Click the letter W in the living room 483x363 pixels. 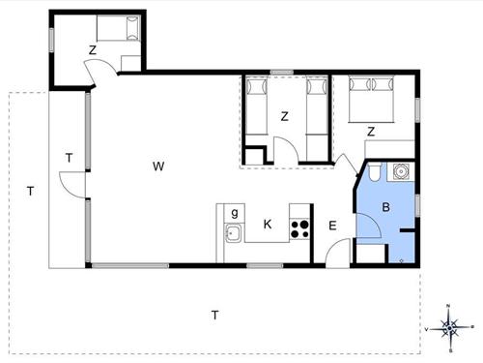tap(158, 166)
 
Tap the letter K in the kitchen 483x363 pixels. tap(268, 224)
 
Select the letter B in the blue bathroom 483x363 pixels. tap(385, 207)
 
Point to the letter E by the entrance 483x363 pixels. tap(332, 226)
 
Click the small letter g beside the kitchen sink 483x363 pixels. tap(235, 213)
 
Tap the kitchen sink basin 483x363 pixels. tap(233, 232)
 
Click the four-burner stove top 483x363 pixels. tap(299, 229)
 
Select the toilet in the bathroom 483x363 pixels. tap(374, 171)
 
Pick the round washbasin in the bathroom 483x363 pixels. tap(400, 171)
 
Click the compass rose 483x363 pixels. tap(449, 328)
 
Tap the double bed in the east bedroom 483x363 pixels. tap(371, 99)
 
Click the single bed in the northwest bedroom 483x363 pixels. tap(118, 28)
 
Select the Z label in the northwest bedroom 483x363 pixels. tap(93, 50)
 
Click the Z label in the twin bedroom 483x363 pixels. tap(284, 116)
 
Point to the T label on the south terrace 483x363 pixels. tap(215, 315)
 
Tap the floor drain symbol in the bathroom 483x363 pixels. tap(401, 260)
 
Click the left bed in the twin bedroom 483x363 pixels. tap(257, 106)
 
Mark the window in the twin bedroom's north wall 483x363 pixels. tap(282, 73)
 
